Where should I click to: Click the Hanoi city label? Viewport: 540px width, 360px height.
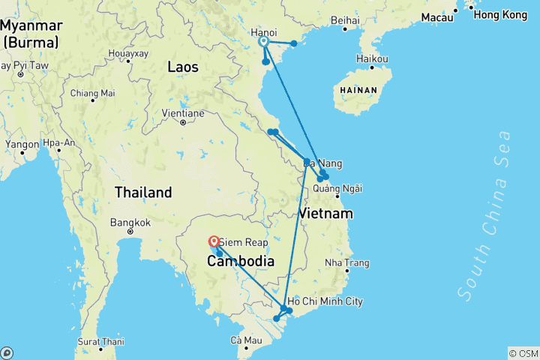tap(263, 32)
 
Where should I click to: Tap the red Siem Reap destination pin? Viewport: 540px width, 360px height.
tap(214, 241)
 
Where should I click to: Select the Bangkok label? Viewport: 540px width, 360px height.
tap(130, 223)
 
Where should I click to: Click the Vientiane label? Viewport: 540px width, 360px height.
tap(183, 113)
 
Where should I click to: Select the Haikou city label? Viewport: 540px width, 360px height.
tap(373, 58)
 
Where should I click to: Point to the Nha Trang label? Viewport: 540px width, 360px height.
tap(347, 263)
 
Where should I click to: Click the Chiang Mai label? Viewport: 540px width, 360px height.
tap(92, 94)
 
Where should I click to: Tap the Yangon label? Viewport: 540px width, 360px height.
tap(21, 143)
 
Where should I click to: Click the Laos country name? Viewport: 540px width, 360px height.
tap(183, 67)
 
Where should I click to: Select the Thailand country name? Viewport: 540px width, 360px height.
tap(143, 192)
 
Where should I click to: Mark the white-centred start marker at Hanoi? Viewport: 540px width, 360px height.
tap(264, 42)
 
